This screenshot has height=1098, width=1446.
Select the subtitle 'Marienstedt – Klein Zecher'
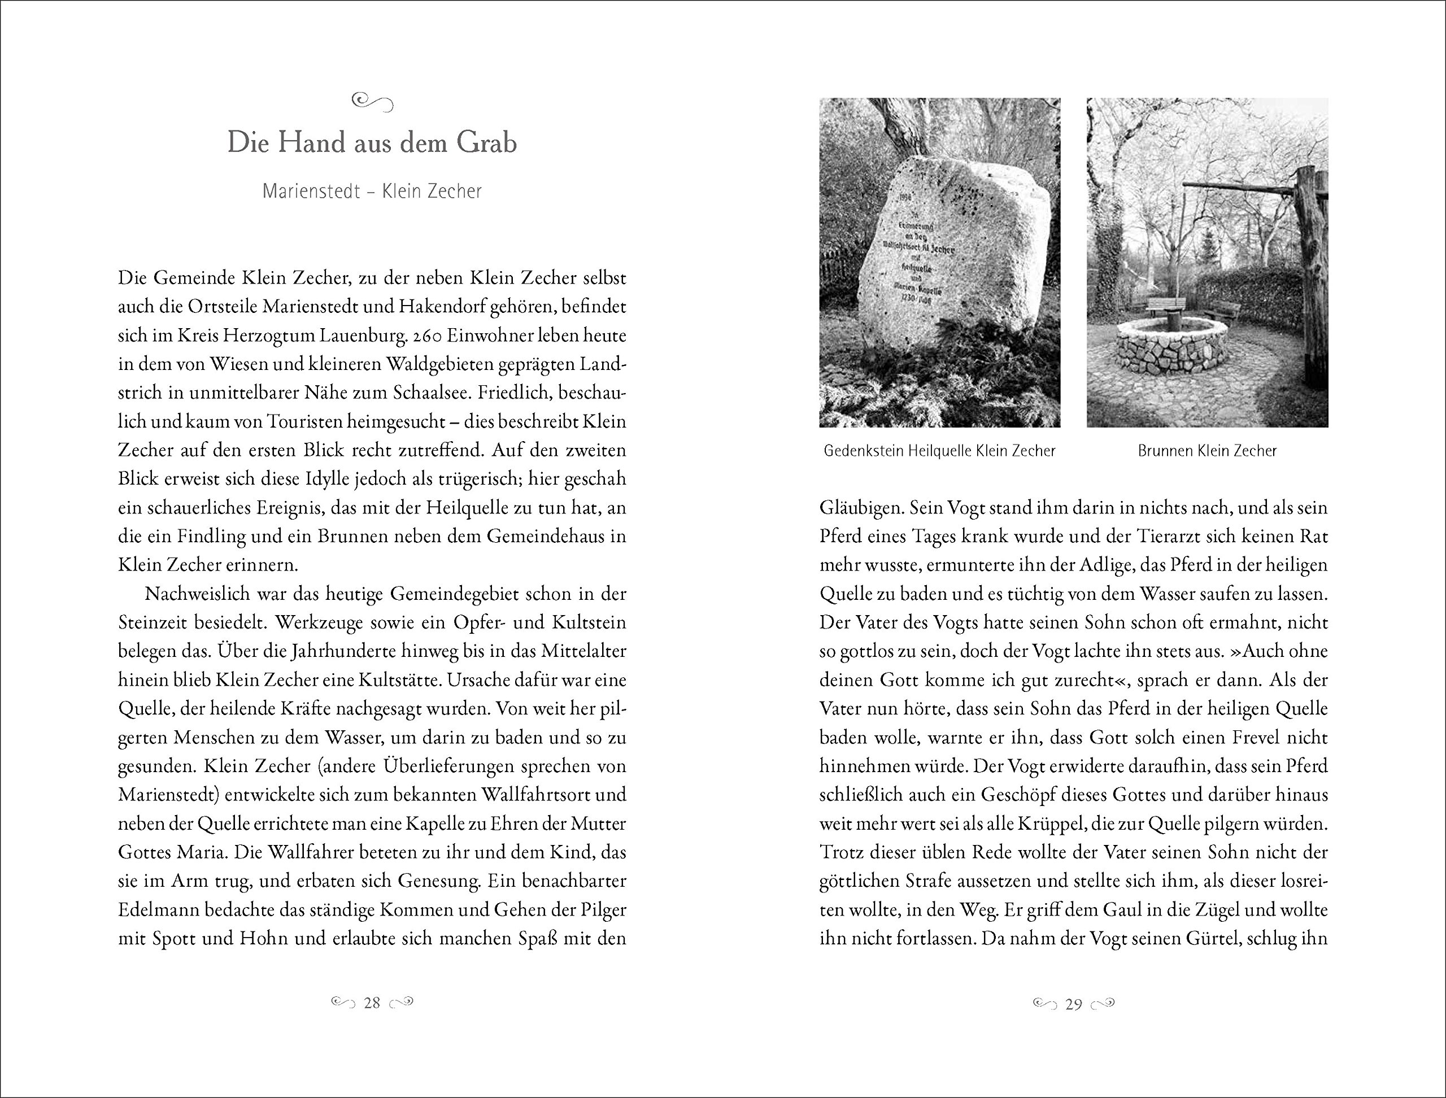tap(372, 191)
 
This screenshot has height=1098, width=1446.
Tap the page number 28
tap(372, 1003)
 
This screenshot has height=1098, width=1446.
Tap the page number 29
tap(1073, 1004)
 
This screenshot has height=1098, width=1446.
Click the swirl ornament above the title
tap(372, 101)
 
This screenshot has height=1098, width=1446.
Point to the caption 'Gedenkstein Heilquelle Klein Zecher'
tap(939, 451)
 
